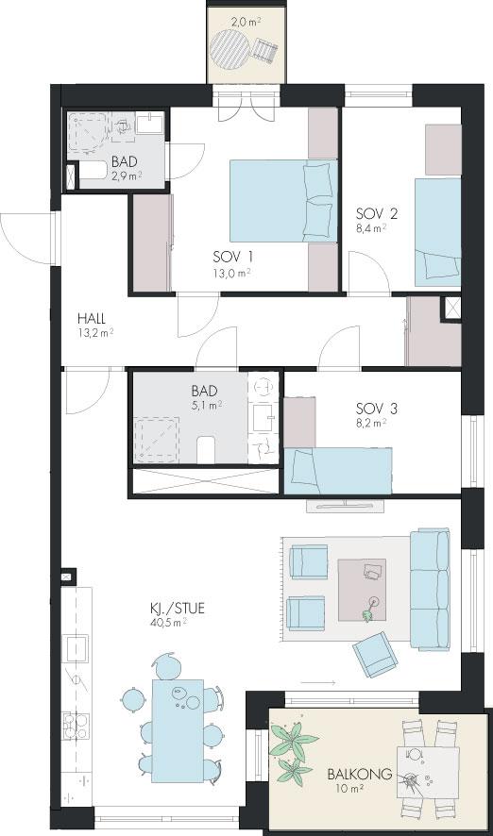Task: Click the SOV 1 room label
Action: pos(232,257)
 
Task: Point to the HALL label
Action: pos(92,319)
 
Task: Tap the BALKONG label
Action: pos(360,774)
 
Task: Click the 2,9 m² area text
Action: pos(127,176)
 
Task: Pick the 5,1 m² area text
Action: pos(207,405)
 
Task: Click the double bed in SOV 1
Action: pos(284,201)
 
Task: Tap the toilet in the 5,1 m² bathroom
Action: pos(206,450)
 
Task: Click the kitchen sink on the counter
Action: pos(76,648)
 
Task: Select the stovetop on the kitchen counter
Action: pos(76,726)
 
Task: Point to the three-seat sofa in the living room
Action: pos(430,589)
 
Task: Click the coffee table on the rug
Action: pos(362,590)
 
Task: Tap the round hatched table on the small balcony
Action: pos(229,47)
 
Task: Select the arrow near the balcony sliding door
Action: pos(318,682)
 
